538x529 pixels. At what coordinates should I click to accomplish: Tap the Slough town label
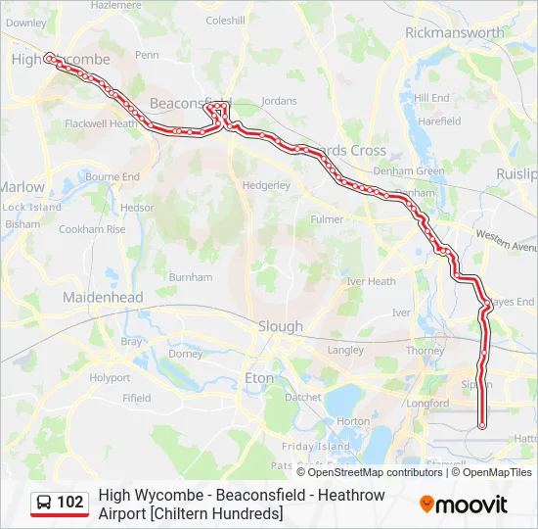pos(281,326)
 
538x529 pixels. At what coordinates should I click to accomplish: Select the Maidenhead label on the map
pos(103,297)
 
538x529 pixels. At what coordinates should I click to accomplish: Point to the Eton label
pos(259,377)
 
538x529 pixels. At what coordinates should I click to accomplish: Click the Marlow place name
pos(22,186)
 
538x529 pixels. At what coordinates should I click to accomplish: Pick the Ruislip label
pos(516,173)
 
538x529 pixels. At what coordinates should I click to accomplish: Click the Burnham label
pos(191,277)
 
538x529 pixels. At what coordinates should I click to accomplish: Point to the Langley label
pos(345,350)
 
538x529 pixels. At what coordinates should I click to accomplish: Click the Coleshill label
pos(225,20)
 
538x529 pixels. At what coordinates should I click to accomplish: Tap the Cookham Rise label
pos(92,229)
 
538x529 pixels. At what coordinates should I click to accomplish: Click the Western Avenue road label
pos(507,241)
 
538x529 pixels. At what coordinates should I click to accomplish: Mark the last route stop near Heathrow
pos(481,425)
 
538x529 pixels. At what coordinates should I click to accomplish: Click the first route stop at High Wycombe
pos(48,57)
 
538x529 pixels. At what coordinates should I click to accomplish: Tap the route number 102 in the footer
pos(70,503)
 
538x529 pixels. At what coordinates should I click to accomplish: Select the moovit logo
pos(464,505)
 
